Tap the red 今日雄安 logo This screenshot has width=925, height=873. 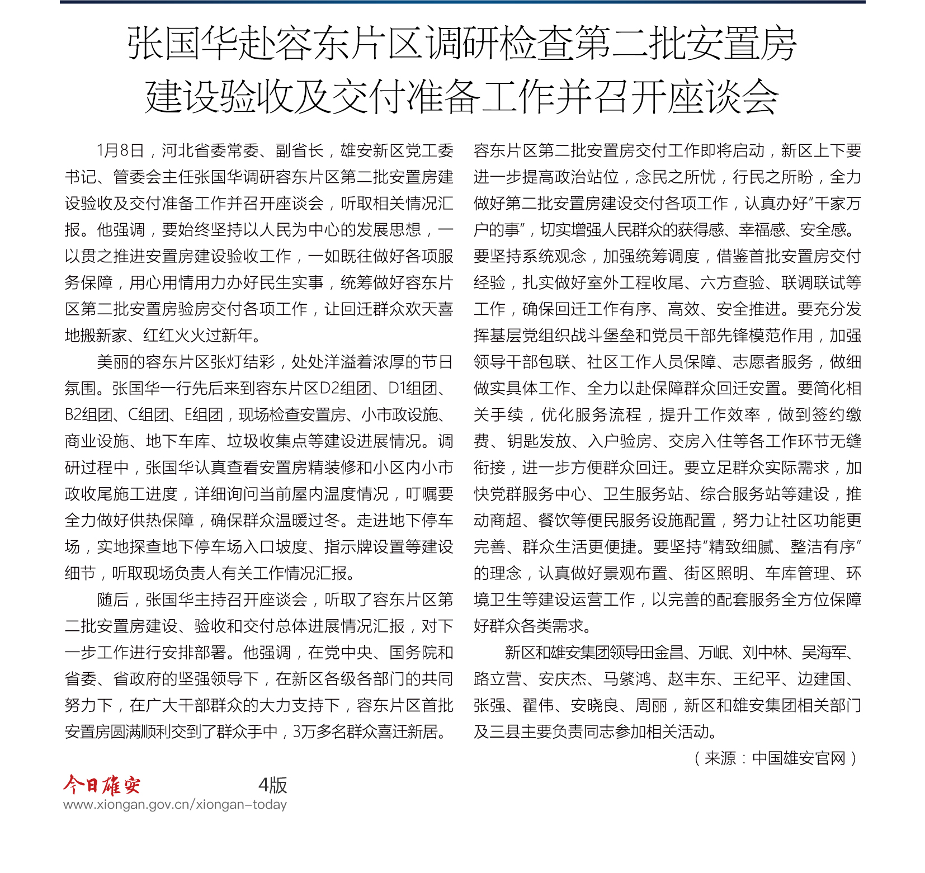pyautogui.click(x=102, y=785)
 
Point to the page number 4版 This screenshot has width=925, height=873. pyautogui.click(x=272, y=785)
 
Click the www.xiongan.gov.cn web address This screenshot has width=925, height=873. pyautogui.click(x=175, y=805)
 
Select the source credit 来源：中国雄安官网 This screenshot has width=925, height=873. pyautogui.click(x=775, y=758)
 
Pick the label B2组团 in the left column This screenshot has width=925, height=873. pyautogui.click(x=89, y=415)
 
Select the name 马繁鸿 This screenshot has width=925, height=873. pyautogui.click(x=627, y=679)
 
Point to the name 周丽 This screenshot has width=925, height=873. pyautogui.click(x=652, y=706)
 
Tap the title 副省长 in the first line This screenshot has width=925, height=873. pyautogui.click(x=300, y=151)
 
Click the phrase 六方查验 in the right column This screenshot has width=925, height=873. pyautogui.click(x=732, y=283)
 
